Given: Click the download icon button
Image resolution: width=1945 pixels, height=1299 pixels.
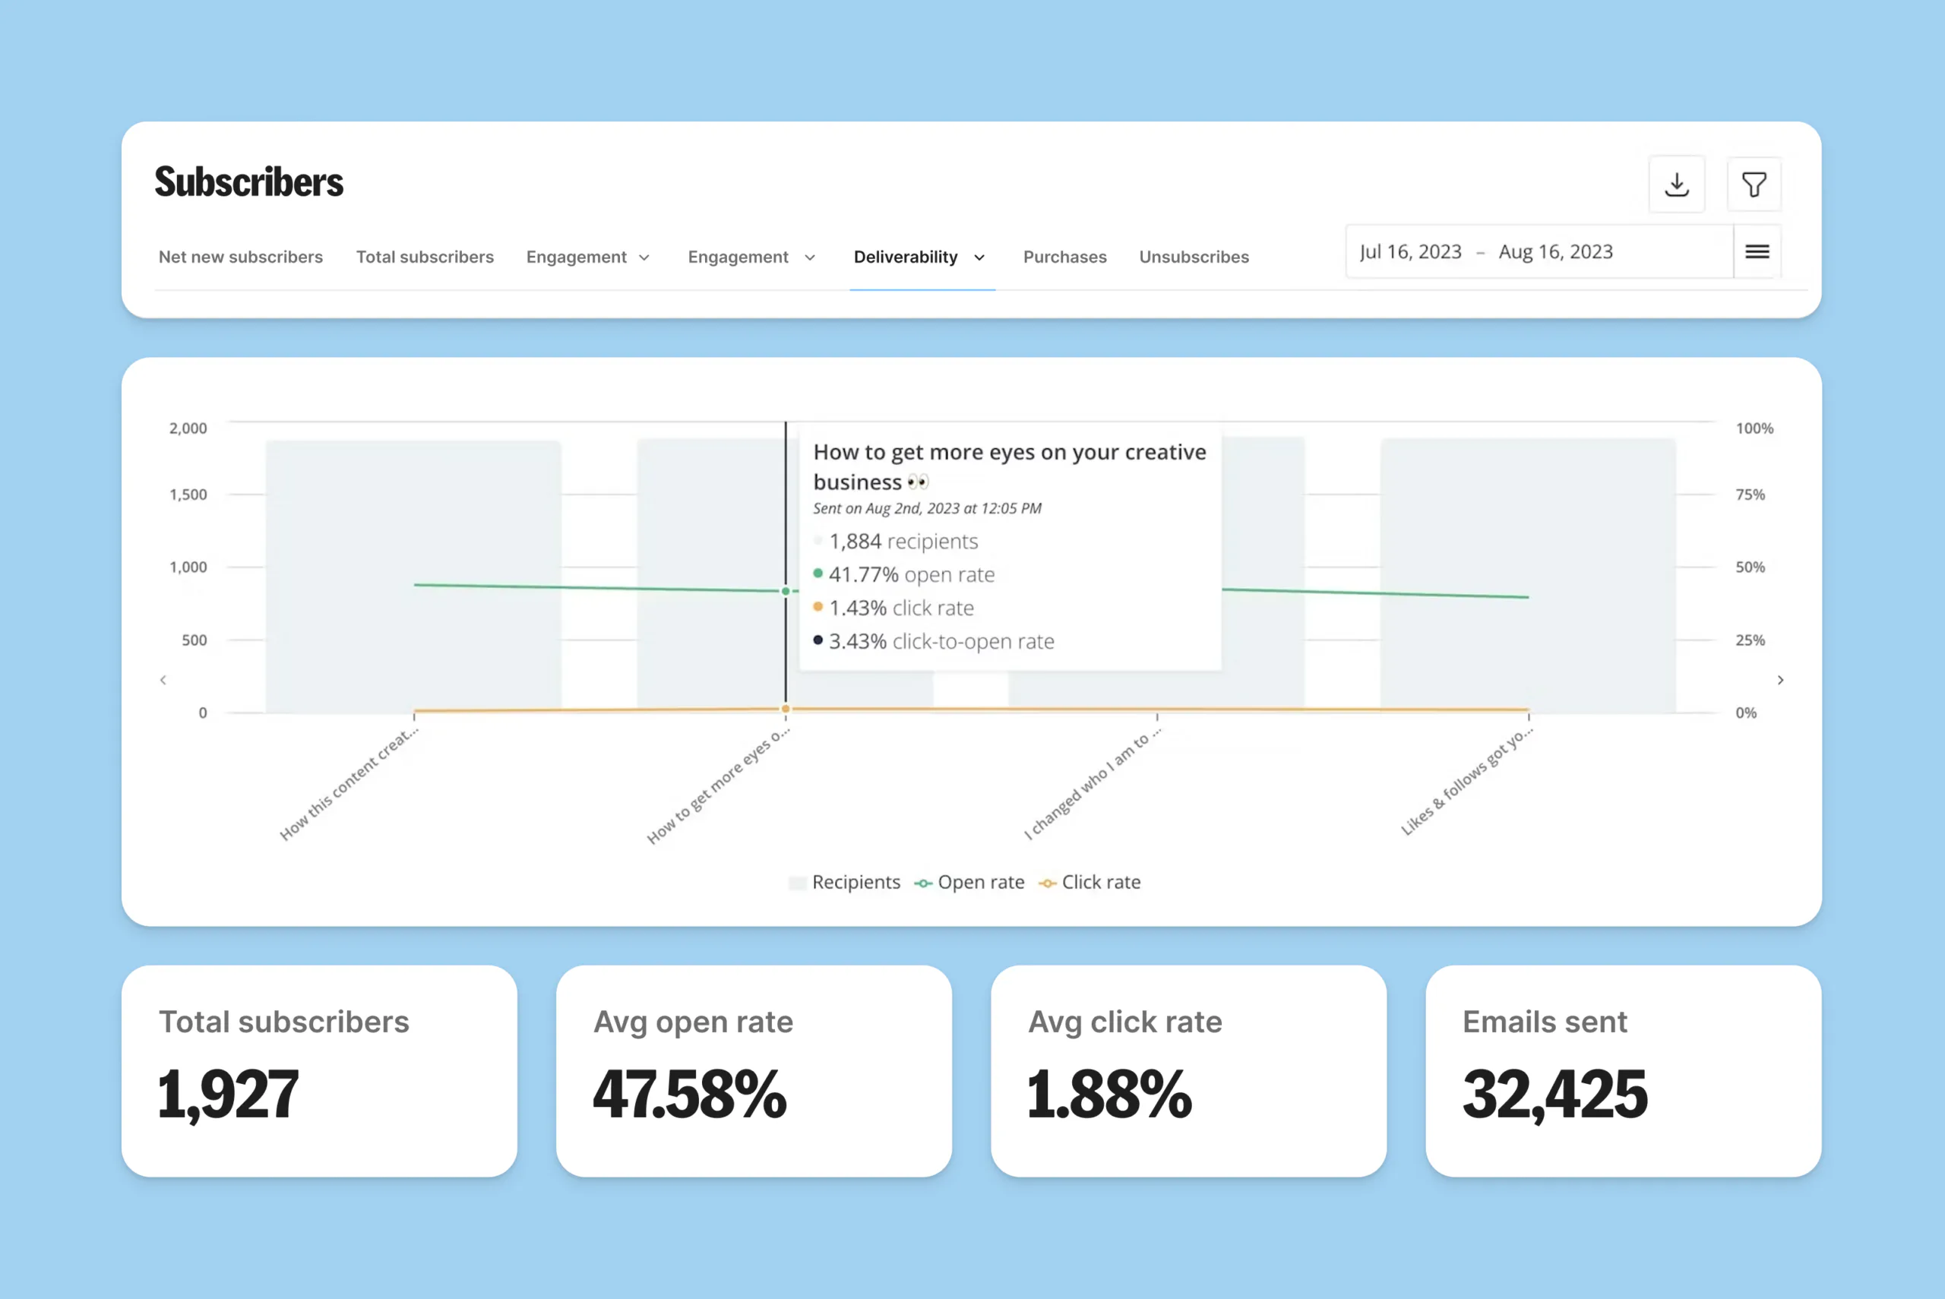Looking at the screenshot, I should point(1677,184).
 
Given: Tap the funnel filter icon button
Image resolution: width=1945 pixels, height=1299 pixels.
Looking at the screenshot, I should point(1754,184).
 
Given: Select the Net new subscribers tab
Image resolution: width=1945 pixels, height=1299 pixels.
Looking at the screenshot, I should point(240,257).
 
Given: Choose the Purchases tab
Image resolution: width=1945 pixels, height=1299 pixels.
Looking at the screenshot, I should point(1064,257).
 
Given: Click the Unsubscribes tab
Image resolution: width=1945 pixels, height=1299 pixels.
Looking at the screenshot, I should point(1194,257).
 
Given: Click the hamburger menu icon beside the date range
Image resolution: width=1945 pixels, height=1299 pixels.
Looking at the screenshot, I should point(1757,252).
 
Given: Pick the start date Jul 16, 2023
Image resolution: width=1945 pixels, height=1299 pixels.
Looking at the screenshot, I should point(1410,252).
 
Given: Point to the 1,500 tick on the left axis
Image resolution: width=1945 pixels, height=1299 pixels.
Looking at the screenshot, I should point(188,495).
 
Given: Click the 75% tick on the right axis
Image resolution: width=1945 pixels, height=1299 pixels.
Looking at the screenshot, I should point(1750,495).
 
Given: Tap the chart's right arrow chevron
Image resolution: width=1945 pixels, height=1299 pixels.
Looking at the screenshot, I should point(1780,680).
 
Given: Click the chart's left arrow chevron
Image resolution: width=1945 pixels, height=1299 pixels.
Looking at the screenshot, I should point(163,680).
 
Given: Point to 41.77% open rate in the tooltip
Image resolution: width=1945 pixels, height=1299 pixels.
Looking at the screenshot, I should point(911,574).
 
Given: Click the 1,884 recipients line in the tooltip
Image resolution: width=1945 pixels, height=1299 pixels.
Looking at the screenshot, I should point(903,541).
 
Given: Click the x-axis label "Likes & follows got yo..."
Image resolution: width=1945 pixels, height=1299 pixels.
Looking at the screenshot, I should point(1466,781).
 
